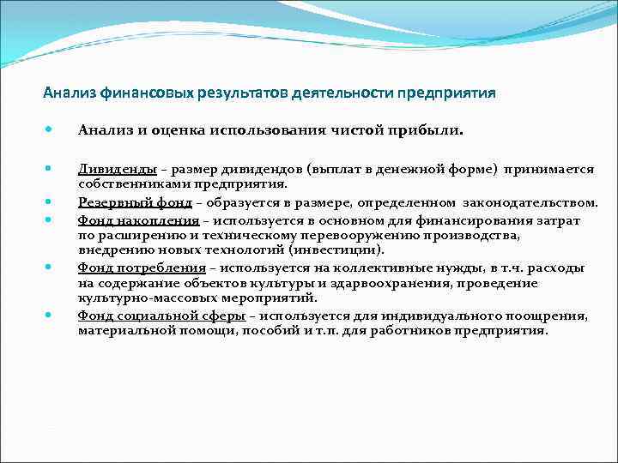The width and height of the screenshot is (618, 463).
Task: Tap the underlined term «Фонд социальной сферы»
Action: [x=152, y=316]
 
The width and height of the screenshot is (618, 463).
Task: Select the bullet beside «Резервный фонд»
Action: [x=51, y=203]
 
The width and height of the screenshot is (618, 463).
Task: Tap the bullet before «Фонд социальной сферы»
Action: [x=51, y=316]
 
